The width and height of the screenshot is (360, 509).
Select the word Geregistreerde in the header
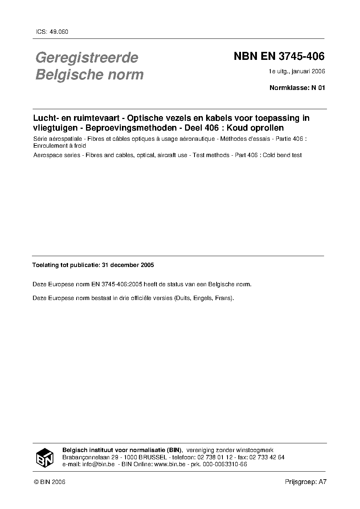(x=86, y=58)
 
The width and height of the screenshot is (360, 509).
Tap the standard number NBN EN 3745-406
(x=279, y=57)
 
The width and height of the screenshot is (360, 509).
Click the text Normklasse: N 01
(x=297, y=87)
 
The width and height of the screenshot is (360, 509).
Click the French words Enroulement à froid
(x=60, y=146)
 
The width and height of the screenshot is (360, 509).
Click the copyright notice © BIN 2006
(x=49, y=482)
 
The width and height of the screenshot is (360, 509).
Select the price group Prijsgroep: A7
(x=306, y=482)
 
